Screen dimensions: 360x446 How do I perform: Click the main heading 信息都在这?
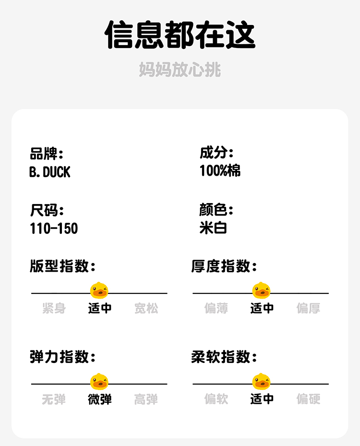pos(180,35)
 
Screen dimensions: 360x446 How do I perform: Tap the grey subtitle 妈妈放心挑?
pos(180,70)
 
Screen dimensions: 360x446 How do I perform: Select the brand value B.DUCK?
pos(50,172)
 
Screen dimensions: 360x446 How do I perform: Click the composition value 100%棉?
pos(220,171)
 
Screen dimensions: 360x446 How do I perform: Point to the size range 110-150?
pos(54,229)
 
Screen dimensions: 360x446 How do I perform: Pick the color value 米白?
pos(213,228)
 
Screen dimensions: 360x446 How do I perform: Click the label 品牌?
pos(47,154)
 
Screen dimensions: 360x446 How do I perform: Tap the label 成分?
pos(216,154)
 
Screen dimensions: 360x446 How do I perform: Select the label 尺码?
pos(47,210)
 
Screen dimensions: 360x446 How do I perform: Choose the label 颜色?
pos(216,210)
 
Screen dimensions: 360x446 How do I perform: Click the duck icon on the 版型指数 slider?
pos(99,290)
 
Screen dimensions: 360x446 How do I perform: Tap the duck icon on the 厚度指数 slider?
pos(261,290)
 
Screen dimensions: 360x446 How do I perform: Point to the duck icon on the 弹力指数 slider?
pos(99,382)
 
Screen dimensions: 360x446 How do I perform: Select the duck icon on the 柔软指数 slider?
pos(261,382)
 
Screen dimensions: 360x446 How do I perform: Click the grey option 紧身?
pos(54,308)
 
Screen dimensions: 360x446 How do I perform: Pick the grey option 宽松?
pos(146,308)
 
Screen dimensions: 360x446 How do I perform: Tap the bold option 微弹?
pos(100,399)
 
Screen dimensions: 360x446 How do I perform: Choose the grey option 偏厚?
pos(308,308)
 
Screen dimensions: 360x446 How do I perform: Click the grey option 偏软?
pos(216,399)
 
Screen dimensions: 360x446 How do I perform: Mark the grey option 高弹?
pos(146,399)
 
